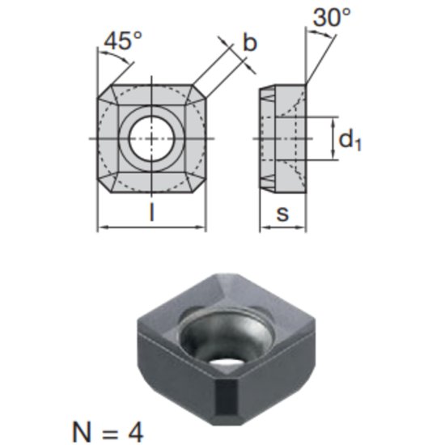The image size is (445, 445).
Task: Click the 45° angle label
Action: [121, 41]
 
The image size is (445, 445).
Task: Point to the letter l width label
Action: [152, 214]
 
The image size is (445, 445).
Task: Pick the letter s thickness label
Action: [282, 214]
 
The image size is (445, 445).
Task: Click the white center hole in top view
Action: [152, 138]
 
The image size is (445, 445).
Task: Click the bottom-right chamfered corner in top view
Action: [199, 185]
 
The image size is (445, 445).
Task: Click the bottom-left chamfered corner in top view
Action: [104, 185]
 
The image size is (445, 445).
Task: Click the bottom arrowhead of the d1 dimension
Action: [332, 155]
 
